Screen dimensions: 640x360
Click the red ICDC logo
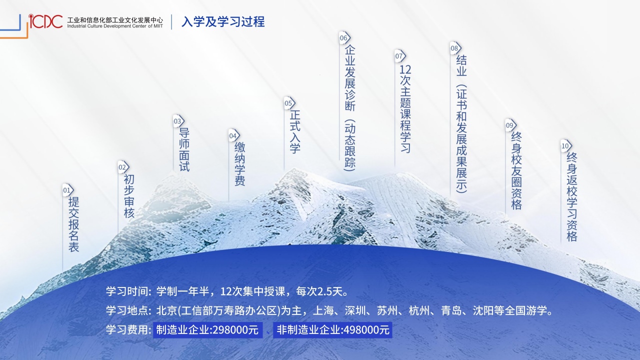point(45,21)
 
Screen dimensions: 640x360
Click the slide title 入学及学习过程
point(223,22)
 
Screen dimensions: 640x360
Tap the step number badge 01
point(68,190)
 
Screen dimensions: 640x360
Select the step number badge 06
point(345,37)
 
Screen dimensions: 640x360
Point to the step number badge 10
point(566,146)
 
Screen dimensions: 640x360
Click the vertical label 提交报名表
point(73,224)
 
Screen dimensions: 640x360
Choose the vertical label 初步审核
point(129,196)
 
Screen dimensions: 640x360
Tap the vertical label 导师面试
point(184,149)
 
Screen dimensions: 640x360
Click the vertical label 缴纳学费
point(239,164)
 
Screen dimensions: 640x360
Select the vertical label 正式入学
point(295,131)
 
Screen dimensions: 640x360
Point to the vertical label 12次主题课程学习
point(405,109)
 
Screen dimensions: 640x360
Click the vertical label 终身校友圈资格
point(516,171)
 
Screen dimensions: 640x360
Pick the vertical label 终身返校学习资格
point(572,197)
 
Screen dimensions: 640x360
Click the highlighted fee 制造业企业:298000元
point(207,330)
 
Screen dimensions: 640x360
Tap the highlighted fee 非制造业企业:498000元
point(332,330)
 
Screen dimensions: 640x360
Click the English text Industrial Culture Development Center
point(107,26)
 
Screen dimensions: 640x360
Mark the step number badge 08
point(455,48)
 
